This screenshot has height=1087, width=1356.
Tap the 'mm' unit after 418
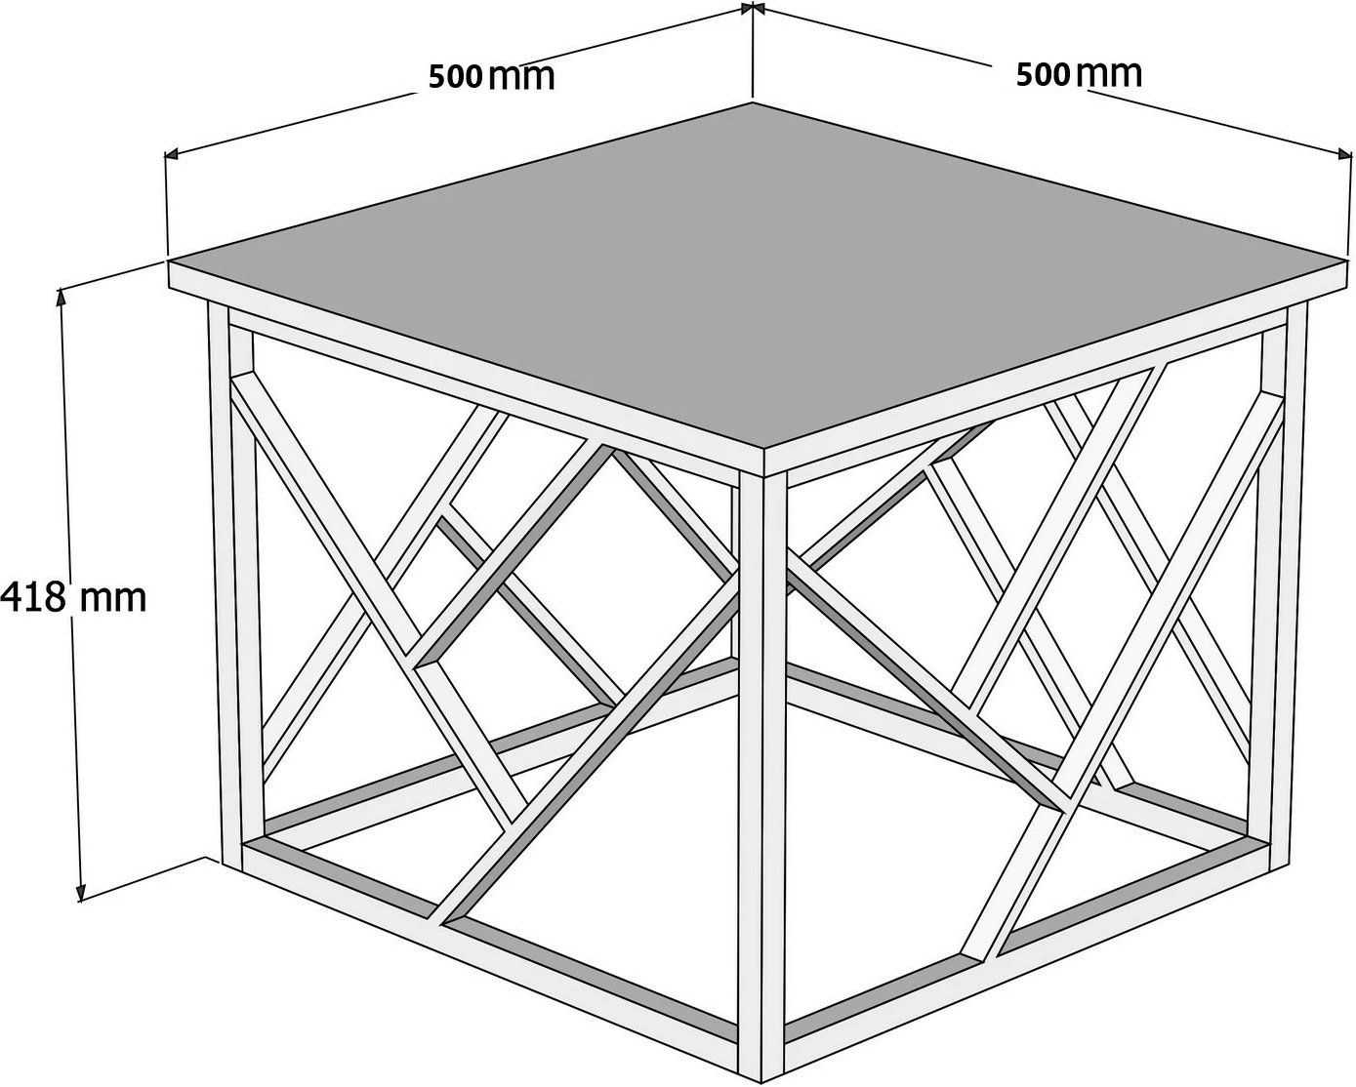[x=113, y=599]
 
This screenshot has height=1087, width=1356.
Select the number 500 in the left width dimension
[x=456, y=77]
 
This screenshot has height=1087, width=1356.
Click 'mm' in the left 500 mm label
[x=522, y=78]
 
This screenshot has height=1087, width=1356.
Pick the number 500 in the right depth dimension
[x=1044, y=75]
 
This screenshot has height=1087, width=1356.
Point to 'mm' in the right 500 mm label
[x=1109, y=74]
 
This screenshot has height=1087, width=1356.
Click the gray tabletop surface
[x=760, y=271]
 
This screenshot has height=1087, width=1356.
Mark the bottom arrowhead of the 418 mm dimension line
[x=80, y=890]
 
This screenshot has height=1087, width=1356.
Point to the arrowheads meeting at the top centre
[x=753, y=8]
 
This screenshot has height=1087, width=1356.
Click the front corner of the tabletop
[x=763, y=451]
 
